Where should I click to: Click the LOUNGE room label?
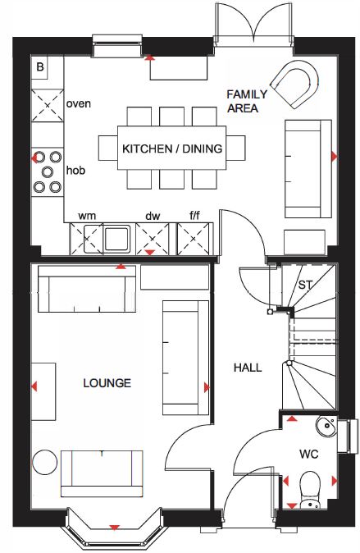coord(107,383)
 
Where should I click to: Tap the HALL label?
coord(248,368)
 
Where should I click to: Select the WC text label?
coord(309,454)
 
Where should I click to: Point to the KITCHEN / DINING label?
coord(172,149)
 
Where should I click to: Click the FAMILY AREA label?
coord(247,101)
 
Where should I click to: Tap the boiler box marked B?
coord(40,66)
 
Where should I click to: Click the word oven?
coord(78,103)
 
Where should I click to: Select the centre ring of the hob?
coord(48,171)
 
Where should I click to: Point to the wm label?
coord(87,216)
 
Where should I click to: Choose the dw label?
coord(153,216)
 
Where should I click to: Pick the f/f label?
coord(194,215)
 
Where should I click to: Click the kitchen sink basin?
coord(116,239)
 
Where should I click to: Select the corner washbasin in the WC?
coord(326,426)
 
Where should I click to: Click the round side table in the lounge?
coord(44,463)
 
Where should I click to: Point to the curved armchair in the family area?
coord(294,85)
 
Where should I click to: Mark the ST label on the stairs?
coord(305,285)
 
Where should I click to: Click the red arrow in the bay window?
coord(114,528)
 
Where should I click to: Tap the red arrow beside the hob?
coord(34,158)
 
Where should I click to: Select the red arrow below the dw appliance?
coord(150,252)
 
